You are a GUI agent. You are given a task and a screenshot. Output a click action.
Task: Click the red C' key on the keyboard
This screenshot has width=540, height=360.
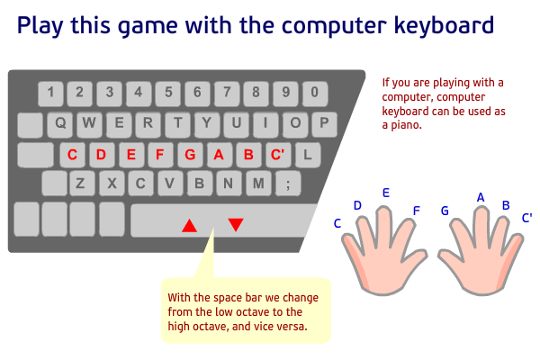coord(278,154)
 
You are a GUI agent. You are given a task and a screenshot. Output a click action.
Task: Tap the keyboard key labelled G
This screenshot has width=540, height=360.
coord(190,154)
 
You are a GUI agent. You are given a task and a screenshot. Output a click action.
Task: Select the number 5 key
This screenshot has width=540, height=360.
coord(167,92)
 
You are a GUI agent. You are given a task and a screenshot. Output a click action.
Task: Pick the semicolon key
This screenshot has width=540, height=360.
coord(288,184)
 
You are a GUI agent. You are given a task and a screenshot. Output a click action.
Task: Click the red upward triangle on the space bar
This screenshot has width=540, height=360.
coord(189,225)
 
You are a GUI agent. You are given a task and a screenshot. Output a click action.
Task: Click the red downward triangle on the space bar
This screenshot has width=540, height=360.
coord(236,225)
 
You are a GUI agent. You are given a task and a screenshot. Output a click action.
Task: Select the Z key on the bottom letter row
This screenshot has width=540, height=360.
coord(81,184)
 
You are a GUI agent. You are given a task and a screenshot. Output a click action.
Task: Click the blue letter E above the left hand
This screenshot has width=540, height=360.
coord(386,193)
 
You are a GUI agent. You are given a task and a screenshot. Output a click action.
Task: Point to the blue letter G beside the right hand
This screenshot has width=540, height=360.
coord(445,211)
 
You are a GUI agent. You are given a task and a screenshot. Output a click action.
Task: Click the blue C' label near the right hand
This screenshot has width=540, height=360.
coord(526,217)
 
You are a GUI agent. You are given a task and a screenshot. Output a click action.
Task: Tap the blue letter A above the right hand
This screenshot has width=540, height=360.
coord(481,197)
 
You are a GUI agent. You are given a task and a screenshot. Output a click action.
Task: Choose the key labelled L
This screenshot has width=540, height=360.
coord(307,154)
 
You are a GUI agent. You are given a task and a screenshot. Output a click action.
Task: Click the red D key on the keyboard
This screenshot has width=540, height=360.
coord(101,154)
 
